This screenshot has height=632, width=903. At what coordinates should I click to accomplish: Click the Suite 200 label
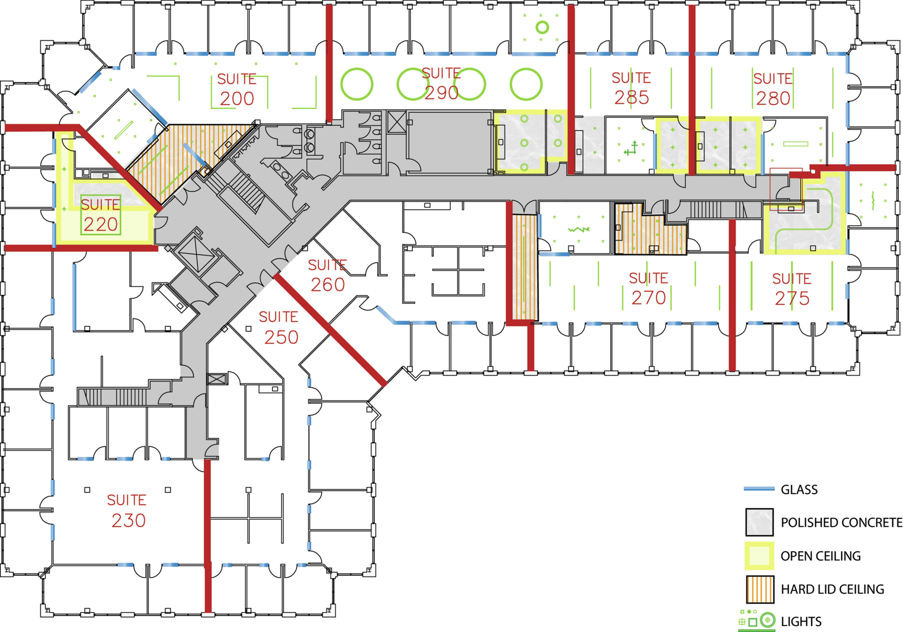point(237,90)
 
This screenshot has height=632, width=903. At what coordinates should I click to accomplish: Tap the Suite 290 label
point(441,84)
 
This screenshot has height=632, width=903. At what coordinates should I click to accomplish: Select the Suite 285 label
point(632,88)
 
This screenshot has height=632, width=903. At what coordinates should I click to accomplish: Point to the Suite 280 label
point(773,89)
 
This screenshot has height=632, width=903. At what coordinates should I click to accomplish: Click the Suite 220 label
point(100,216)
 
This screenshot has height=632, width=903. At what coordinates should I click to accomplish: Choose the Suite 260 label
point(328,276)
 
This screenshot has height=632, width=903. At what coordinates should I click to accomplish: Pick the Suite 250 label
point(279,328)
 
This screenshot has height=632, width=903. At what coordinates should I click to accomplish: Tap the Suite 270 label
point(649,289)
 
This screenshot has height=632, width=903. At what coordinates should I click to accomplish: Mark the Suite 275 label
point(792,289)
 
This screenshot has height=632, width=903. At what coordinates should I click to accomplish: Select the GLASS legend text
point(799,490)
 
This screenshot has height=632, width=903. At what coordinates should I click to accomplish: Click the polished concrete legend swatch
point(759,522)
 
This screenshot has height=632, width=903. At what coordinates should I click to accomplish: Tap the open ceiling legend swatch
point(759,556)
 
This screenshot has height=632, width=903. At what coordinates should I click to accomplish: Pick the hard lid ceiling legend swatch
point(759,589)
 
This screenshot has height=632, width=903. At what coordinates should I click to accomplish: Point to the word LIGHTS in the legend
point(801,621)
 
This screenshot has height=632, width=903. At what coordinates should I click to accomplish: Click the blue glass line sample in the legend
point(759,489)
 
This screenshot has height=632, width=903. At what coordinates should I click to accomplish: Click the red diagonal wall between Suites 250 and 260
point(330,330)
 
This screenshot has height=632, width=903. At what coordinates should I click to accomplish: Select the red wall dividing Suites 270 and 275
point(732,295)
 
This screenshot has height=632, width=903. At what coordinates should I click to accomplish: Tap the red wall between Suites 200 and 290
point(329,63)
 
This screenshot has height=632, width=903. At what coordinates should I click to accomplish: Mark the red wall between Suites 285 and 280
point(692,90)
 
